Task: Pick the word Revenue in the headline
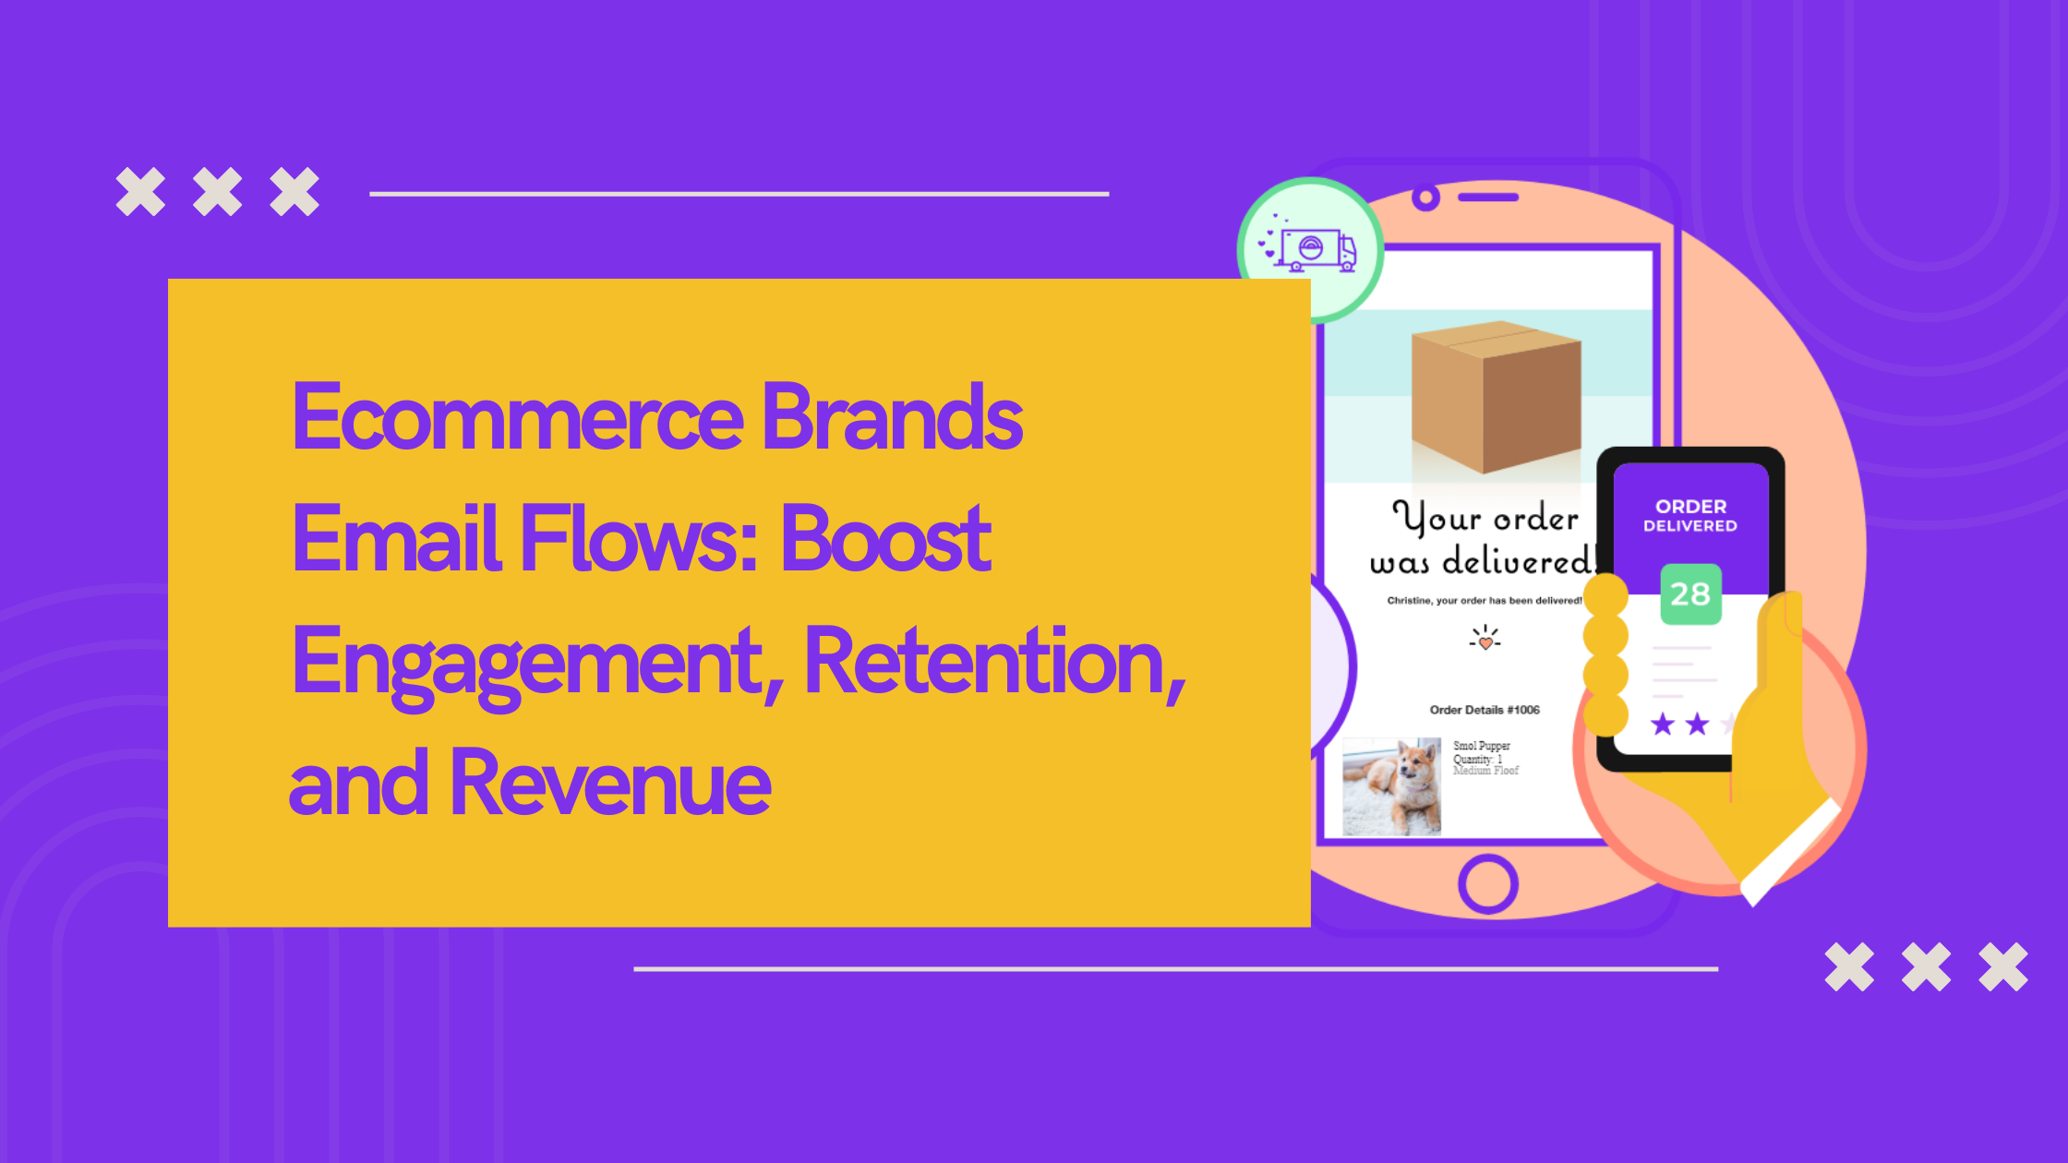[609, 785]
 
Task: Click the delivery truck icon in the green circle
[1310, 249]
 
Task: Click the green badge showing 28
[1690, 594]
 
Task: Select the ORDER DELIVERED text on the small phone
[1690, 515]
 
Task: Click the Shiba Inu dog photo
[1391, 786]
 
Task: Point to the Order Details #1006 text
[1485, 710]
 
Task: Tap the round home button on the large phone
[1487, 884]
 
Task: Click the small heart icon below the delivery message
[1485, 640]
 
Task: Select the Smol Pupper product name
[1482, 746]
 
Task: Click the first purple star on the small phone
[1663, 725]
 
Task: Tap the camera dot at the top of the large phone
[1425, 198]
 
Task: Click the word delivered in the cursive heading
[1518, 561]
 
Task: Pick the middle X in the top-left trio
[217, 192]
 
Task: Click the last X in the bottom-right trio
[2002, 967]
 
